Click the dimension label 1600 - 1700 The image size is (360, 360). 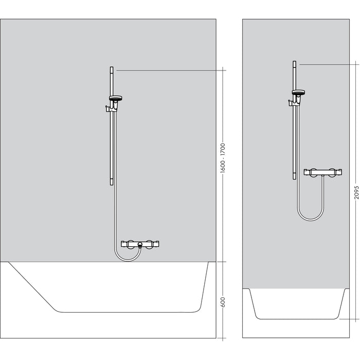point(223,159)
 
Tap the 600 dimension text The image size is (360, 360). point(223,303)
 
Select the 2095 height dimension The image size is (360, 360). point(354,191)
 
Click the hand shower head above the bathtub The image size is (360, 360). point(116,97)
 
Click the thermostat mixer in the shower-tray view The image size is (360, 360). point(323,172)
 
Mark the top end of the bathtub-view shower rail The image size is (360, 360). point(111,68)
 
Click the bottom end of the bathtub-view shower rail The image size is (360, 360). point(111,183)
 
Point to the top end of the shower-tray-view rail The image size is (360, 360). point(294,63)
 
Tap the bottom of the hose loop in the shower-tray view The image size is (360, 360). point(309,220)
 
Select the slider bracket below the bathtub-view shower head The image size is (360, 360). point(109,108)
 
